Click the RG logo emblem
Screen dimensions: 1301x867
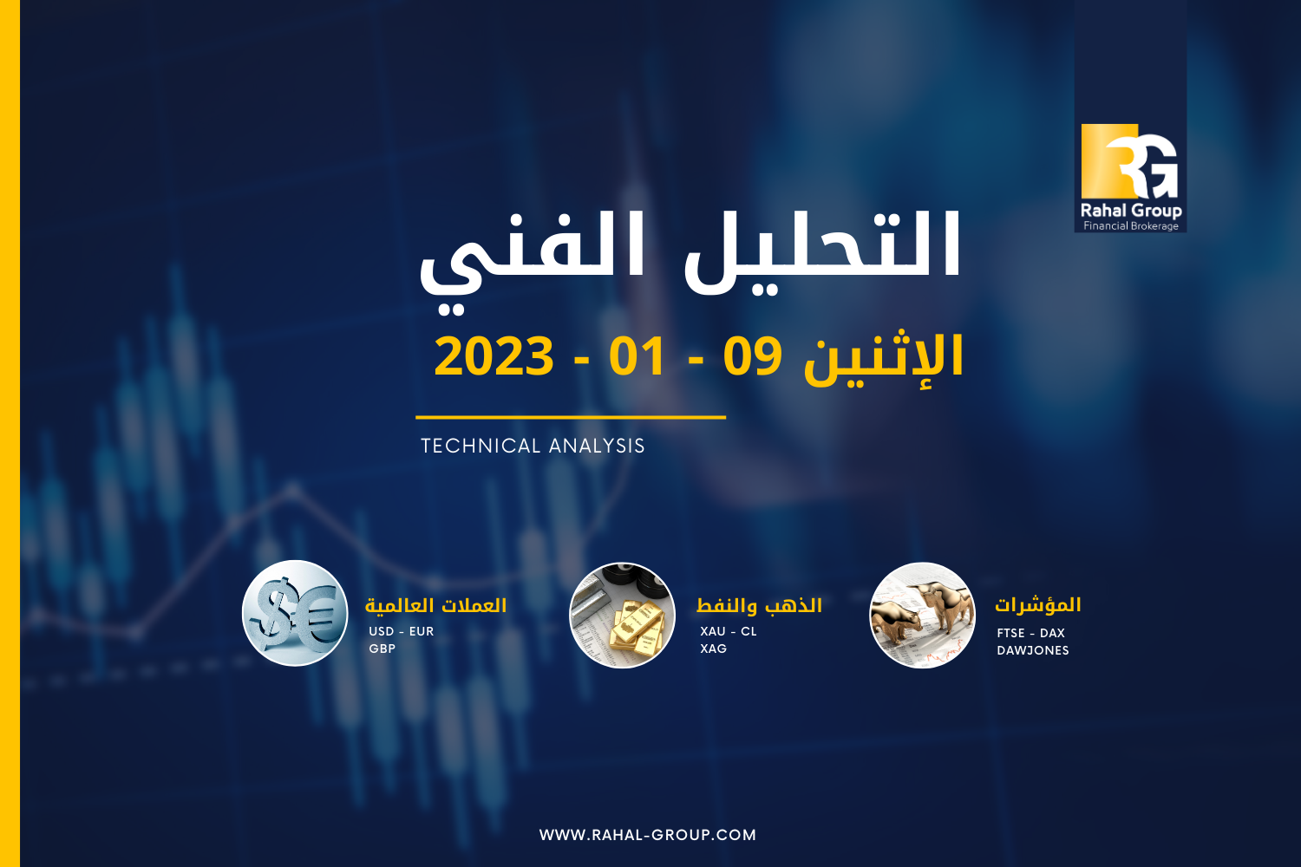1129,161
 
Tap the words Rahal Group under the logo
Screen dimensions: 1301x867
1131,210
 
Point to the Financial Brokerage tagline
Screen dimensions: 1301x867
1131,226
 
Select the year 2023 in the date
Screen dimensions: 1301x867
494,356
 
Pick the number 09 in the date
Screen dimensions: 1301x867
752,356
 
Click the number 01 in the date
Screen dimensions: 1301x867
637,356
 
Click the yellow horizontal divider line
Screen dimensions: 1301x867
571,417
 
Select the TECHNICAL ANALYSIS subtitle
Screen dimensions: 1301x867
533,446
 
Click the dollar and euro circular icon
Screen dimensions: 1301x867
295,613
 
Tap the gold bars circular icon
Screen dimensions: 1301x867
622,615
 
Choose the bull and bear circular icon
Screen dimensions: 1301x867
922,615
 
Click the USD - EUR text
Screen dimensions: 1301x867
402,631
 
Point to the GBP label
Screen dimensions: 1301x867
382,649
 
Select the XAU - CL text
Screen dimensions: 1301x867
729,631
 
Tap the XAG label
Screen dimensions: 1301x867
713,649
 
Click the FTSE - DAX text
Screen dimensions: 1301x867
1031,633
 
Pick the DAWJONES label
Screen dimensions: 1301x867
1033,650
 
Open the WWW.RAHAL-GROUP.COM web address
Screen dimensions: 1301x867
648,835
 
